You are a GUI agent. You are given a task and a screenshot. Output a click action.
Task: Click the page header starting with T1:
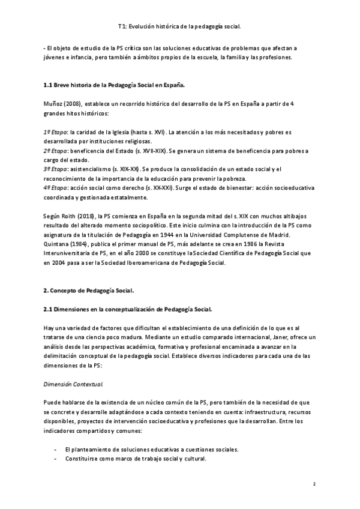point(180,26)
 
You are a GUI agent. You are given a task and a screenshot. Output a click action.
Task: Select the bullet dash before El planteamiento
point(55,450)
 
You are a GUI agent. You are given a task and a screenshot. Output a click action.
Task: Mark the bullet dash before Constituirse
point(55,459)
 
